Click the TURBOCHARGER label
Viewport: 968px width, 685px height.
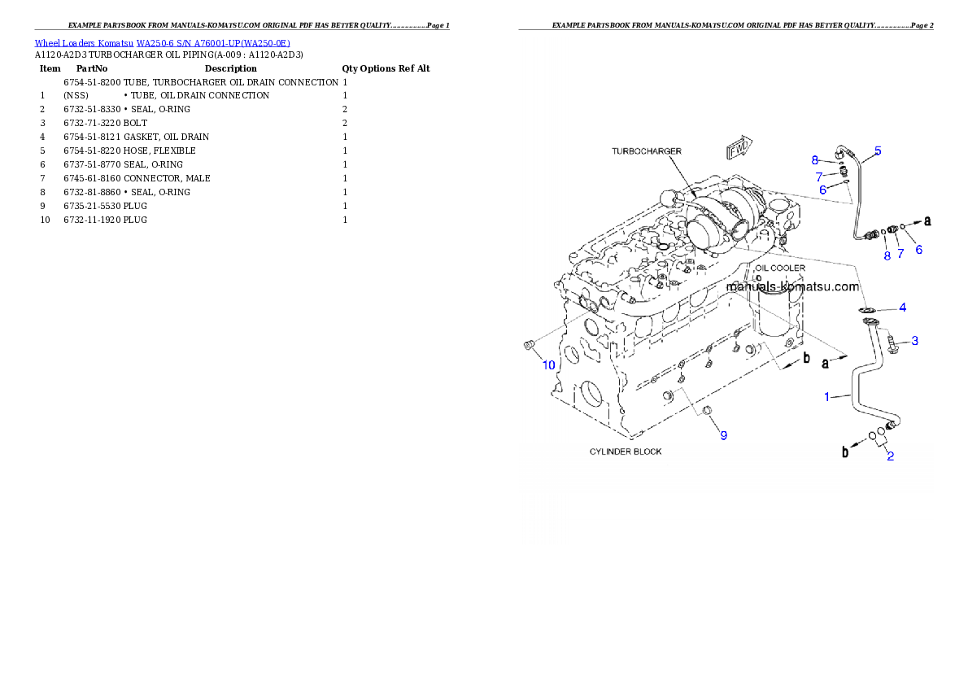647,151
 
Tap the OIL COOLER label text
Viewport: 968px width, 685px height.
779,268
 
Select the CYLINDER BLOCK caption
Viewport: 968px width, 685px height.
626,452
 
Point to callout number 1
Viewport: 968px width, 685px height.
827,397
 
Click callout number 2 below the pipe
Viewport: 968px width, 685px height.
890,456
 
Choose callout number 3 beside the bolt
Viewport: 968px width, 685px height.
914,341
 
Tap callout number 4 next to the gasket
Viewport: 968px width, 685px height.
902,308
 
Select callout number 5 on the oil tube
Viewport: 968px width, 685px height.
878,151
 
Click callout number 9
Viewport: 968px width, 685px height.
723,435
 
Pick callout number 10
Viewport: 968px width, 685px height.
549,365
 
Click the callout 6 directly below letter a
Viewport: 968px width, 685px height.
918,250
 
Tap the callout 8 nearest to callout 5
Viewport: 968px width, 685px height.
814,160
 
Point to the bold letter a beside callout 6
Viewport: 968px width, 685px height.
927,220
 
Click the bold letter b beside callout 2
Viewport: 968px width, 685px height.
846,452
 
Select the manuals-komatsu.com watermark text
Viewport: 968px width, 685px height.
791,287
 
